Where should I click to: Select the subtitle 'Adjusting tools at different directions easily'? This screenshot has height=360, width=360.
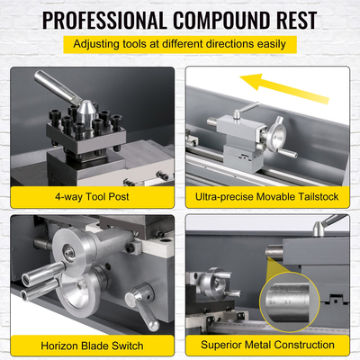tap(179, 44)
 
